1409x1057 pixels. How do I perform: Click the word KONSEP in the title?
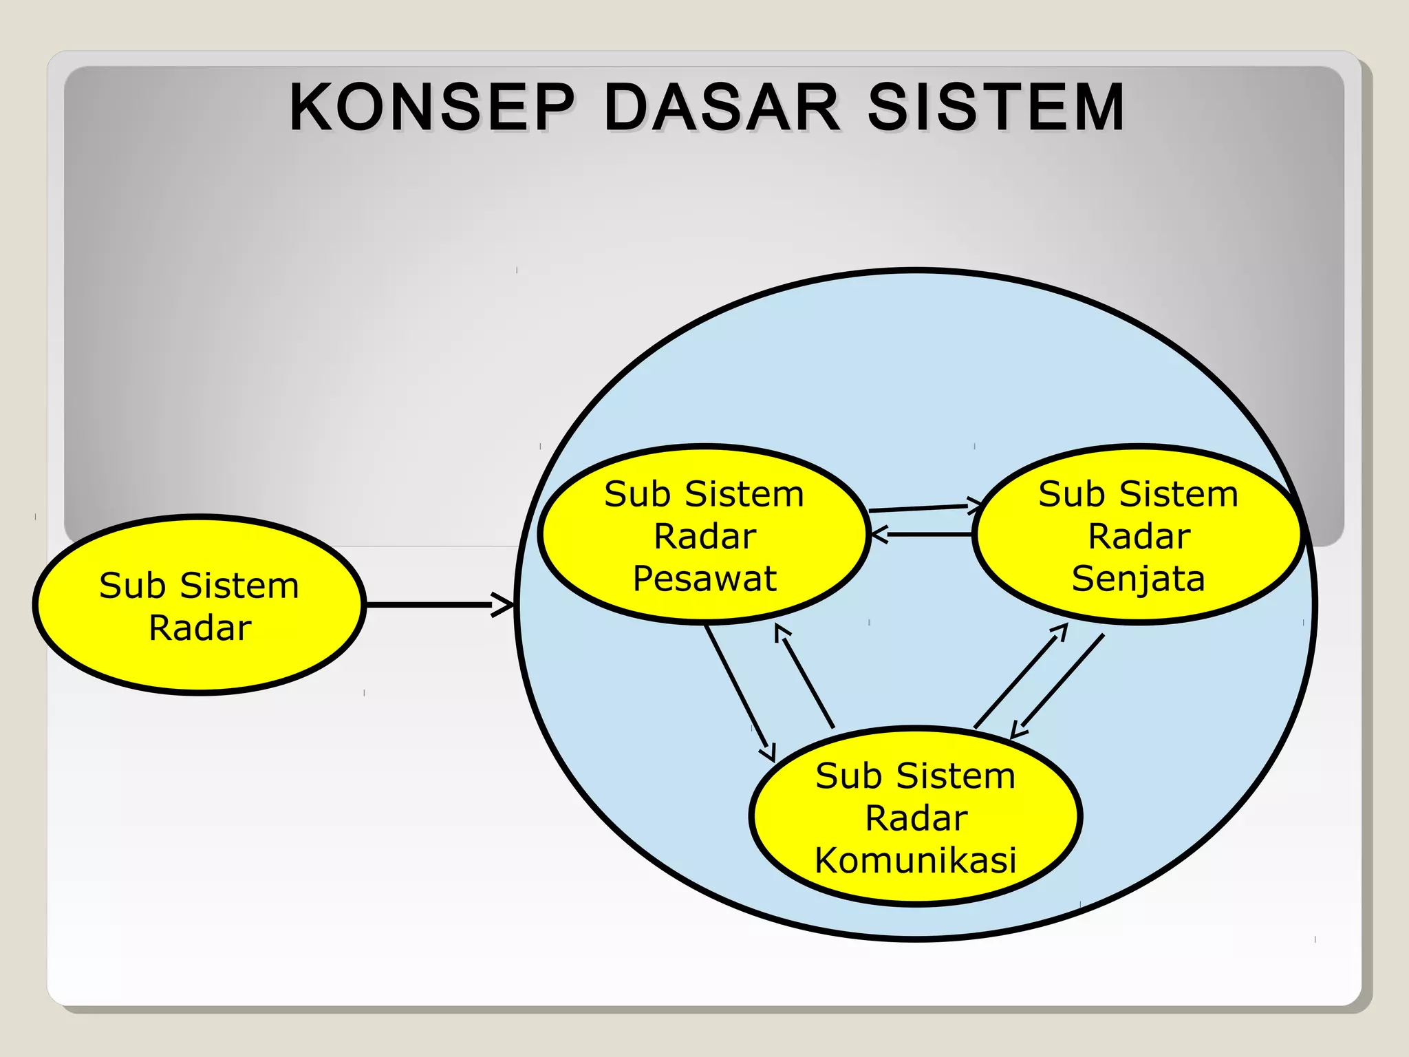tap(431, 107)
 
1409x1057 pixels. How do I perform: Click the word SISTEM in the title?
tap(996, 107)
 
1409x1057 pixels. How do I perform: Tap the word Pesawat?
tap(704, 578)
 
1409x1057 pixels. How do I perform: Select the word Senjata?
tap(1139, 578)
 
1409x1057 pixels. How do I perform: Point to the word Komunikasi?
tap(916, 860)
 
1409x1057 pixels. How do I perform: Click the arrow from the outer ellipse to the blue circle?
tap(433, 605)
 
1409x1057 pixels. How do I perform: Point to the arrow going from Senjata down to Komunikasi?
tap(1060, 685)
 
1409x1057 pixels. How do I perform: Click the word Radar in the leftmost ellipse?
tap(200, 628)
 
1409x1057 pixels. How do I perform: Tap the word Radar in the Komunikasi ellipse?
tap(916, 818)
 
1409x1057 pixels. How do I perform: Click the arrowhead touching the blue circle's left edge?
tap(504, 605)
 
